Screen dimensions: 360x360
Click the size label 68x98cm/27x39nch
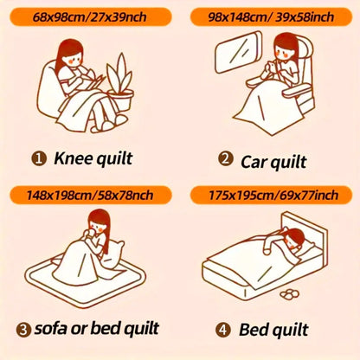(x=89, y=17)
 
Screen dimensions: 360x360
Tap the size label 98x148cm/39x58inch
(x=271, y=17)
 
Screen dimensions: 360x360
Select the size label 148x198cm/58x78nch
(x=90, y=196)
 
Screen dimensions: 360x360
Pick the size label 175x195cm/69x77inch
(x=273, y=196)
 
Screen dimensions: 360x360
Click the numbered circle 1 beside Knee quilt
(x=39, y=158)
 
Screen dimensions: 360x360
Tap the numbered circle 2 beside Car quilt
(x=226, y=158)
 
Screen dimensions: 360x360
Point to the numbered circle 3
(x=23, y=330)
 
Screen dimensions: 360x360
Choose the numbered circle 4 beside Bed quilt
(x=223, y=330)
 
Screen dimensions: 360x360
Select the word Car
(x=253, y=162)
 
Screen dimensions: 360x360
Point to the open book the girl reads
(x=94, y=81)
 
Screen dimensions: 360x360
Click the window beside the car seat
(x=239, y=52)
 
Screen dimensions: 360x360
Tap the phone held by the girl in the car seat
(x=272, y=68)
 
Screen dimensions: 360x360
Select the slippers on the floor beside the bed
(x=290, y=294)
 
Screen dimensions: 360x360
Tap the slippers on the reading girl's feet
(x=110, y=123)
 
